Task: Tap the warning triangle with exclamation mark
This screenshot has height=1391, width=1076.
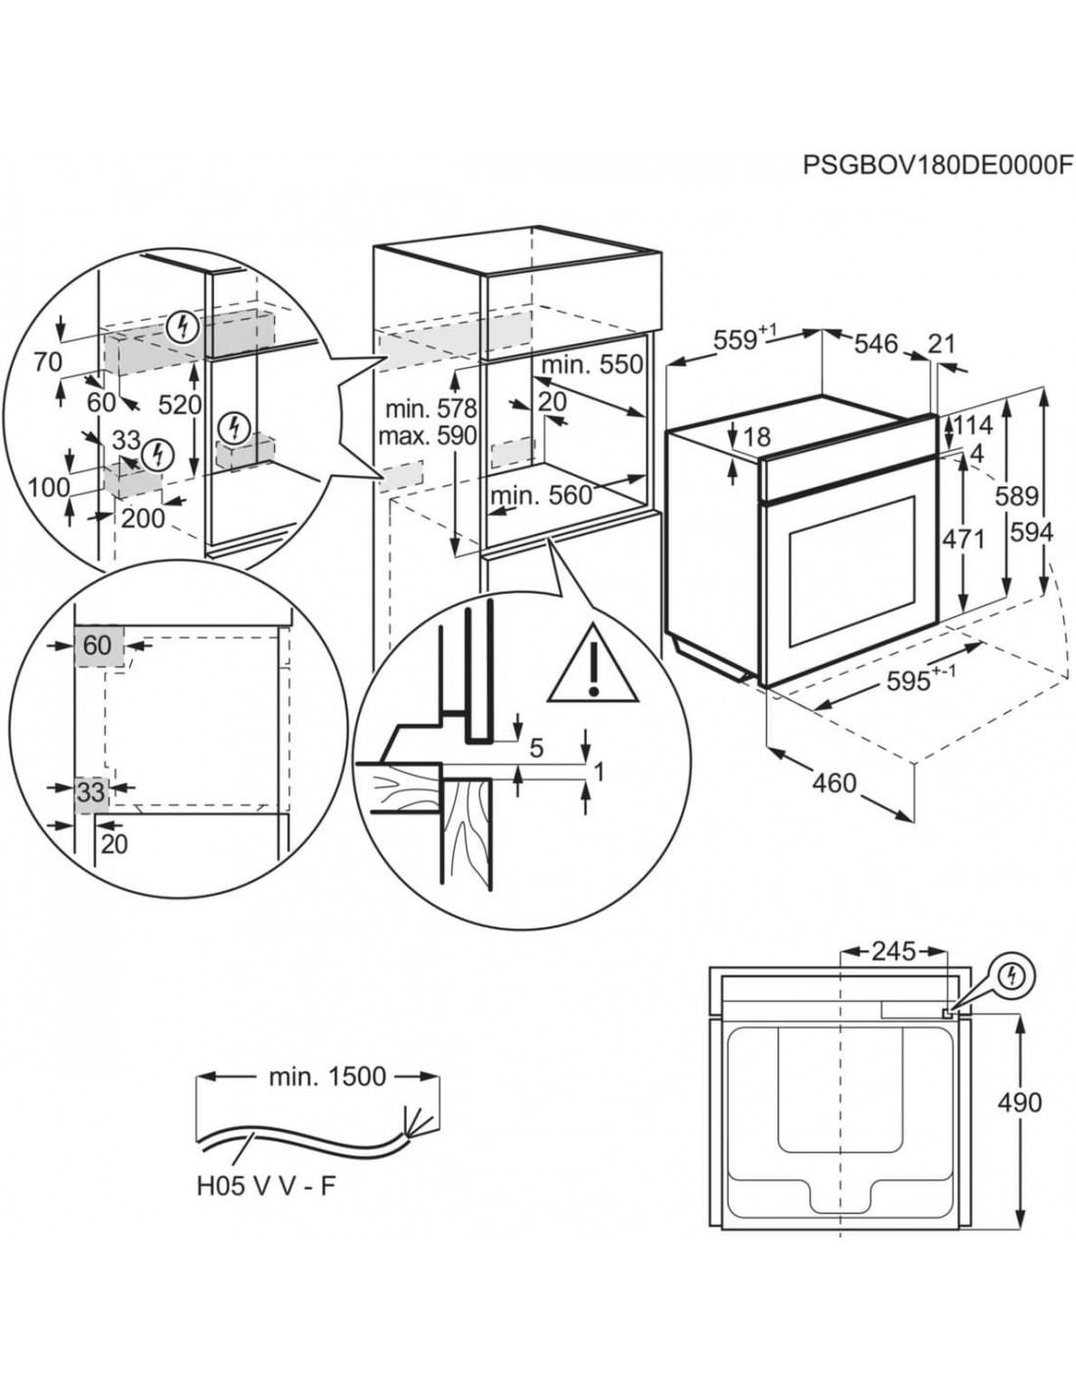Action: pyautogui.click(x=592, y=664)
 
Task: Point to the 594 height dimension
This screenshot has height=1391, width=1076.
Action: pyautogui.click(x=1032, y=533)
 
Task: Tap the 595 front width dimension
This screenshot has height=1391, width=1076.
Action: pyautogui.click(x=897, y=681)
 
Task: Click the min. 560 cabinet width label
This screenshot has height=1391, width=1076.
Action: pyautogui.click(x=542, y=495)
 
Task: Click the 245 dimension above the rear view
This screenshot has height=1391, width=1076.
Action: pyautogui.click(x=893, y=951)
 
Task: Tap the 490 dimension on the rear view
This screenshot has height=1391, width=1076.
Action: pyautogui.click(x=1020, y=1101)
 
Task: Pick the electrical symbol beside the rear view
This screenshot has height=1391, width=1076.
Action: pyautogui.click(x=1014, y=975)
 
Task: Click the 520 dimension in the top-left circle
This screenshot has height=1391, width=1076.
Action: pyautogui.click(x=180, y=406)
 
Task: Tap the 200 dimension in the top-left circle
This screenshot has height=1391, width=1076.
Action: pyautogui.click(x=144, y=519)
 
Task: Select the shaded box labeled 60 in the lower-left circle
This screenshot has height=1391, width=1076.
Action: pyautogui.click(x=97, y=646)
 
